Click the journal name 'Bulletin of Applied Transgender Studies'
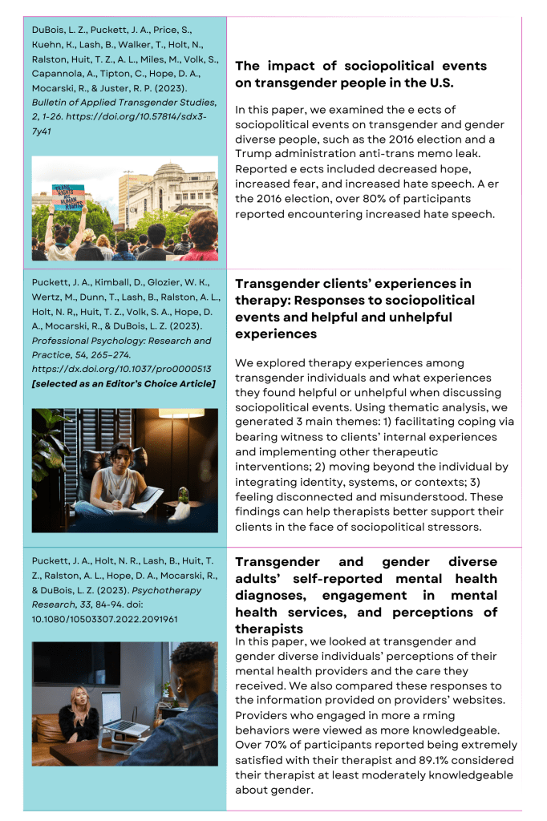pos(124,102)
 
